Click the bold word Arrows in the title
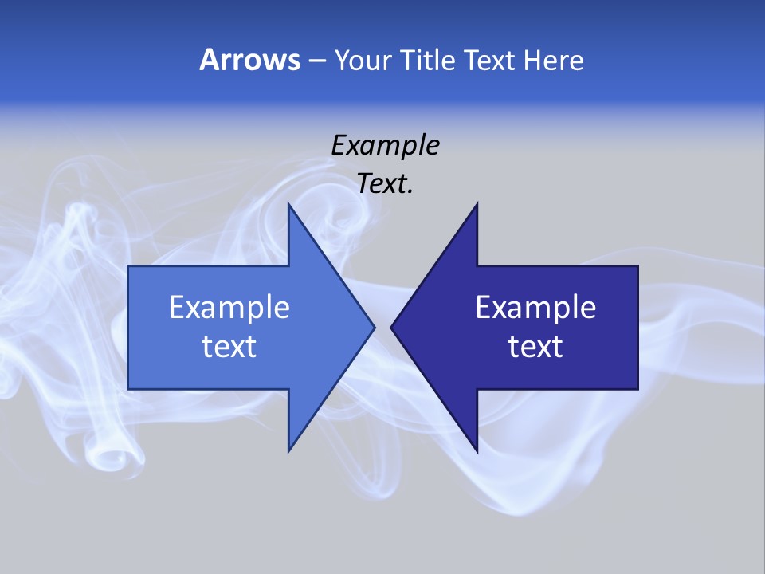249,60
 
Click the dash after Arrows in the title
316,61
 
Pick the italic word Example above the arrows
385,145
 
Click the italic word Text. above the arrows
385,184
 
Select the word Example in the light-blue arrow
229,307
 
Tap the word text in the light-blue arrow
229,346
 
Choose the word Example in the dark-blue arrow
535,307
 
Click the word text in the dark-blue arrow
535,346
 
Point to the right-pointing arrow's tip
373,327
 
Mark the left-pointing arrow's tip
392,327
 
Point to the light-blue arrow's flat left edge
128,327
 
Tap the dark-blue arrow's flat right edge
637,327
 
